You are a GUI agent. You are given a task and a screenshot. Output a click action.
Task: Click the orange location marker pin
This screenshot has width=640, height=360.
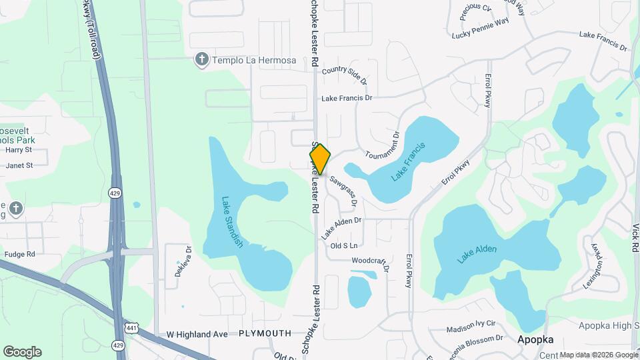click(x=320, y=159)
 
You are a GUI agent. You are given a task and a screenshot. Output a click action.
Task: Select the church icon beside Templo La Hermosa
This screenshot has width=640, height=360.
click(x=201, y=60)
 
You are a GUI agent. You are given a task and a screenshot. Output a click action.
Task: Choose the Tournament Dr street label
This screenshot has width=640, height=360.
click(x=382, y=145)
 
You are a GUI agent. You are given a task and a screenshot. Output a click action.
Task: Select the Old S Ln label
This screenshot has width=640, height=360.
click(x=345, y=246)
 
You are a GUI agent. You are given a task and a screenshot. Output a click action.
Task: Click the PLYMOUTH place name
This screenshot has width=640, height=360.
click(x=265, y=333)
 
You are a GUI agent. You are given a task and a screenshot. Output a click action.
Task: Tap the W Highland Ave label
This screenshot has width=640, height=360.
click(x=197, y=333)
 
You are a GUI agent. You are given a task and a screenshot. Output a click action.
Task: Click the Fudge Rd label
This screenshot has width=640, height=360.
click(x=19, y=254)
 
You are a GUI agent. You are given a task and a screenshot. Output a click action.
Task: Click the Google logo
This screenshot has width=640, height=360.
click(x=22, y=351)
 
